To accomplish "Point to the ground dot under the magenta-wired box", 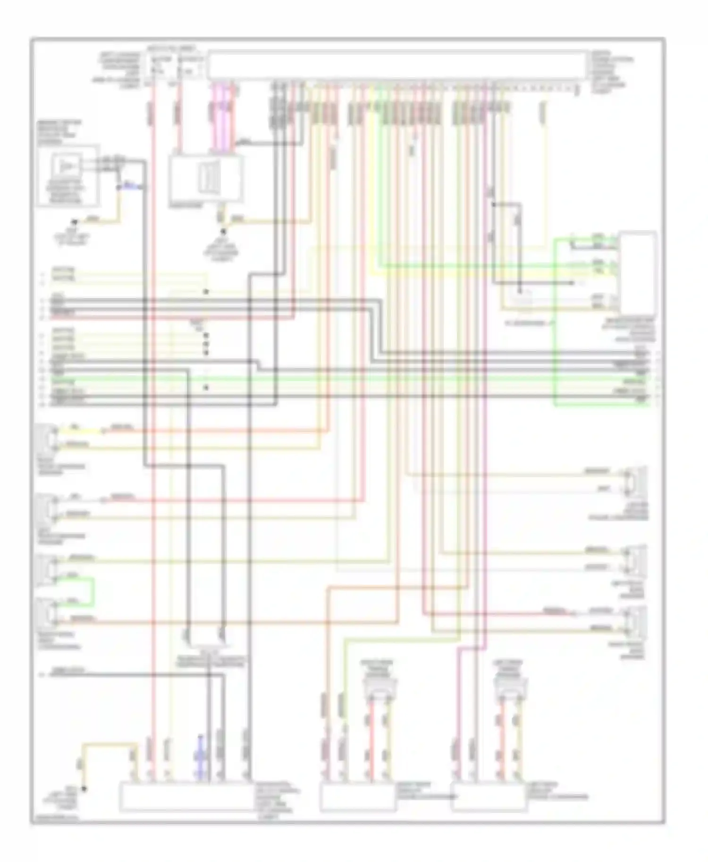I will tap(223, 232).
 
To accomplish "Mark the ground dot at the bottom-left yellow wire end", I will tap(84, 788).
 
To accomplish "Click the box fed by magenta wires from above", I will tap(206, 178).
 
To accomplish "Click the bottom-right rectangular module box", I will tap(489, 797).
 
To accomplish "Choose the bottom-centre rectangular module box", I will tap(358, 797).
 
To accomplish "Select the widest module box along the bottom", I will tap(186, 797).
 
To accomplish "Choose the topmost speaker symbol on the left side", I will tap(49, 437).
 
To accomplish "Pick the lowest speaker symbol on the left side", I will tap(49, 612).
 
